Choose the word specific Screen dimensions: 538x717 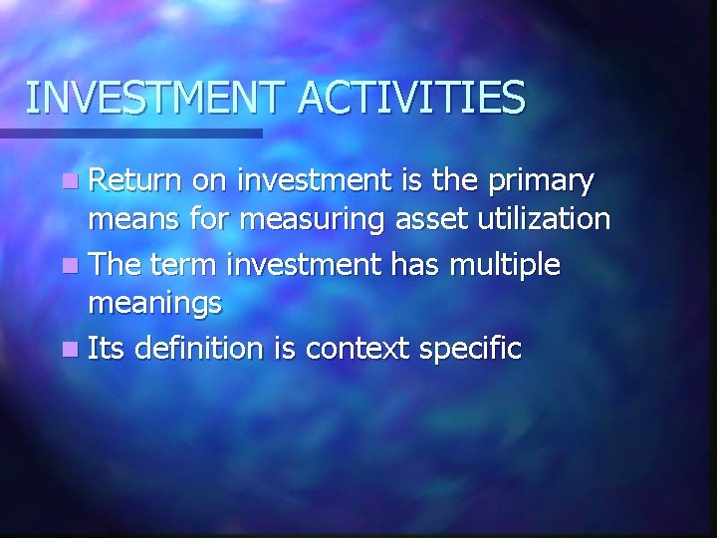(x=473, y=350)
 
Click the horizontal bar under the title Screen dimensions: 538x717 (x=130, y=133)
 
